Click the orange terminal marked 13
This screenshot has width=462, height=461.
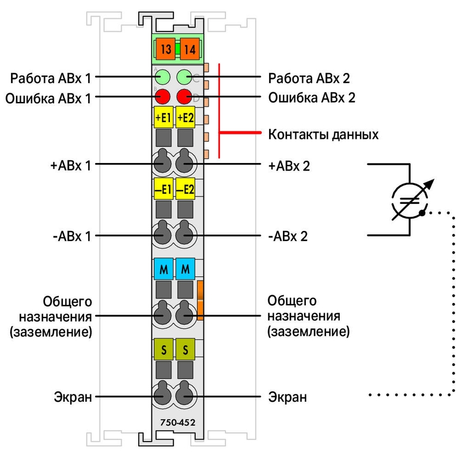165,49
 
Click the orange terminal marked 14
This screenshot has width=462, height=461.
190,49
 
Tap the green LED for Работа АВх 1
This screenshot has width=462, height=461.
162,77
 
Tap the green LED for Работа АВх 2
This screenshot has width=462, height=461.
184,77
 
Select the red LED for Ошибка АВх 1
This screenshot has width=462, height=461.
162,96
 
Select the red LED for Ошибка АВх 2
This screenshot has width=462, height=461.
184,96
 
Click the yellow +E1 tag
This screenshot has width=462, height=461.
163,118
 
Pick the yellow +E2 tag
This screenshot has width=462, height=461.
185,118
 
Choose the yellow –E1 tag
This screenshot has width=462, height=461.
163,188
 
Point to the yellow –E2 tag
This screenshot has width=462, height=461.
185,188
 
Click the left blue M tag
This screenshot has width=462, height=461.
163,269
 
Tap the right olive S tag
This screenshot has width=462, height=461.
185,349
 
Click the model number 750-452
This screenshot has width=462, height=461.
177,422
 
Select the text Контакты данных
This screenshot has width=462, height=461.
323,134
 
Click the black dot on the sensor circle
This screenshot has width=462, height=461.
422,213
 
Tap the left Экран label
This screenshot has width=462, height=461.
73,396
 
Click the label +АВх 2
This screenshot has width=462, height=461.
289,166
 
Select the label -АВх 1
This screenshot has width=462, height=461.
72,236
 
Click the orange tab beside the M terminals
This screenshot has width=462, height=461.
200,300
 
